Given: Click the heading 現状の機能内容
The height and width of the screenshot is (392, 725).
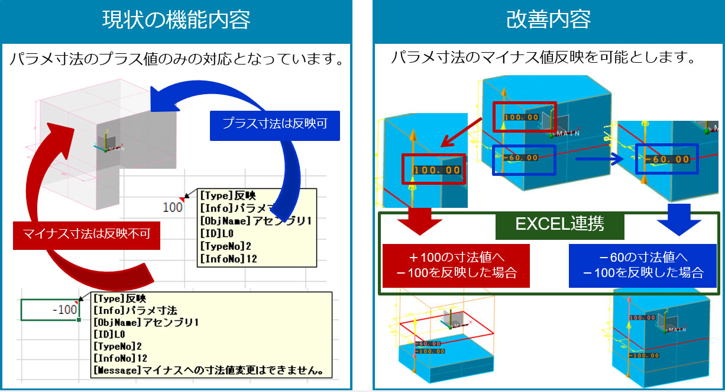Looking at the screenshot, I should point(176,20).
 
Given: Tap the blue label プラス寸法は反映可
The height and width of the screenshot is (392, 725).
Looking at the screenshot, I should point(274,124).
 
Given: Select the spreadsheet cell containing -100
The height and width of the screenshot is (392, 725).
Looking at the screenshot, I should point(50,309).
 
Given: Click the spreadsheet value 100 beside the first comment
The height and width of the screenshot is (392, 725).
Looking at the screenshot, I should point(172,207).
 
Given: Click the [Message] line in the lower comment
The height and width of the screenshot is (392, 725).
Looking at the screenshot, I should point(210,371).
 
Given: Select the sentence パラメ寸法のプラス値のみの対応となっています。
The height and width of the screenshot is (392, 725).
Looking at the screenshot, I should point(176,60).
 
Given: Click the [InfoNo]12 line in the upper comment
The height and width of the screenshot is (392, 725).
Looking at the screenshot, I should point(228,259).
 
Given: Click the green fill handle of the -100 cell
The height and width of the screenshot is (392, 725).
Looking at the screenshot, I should point(79,320).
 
